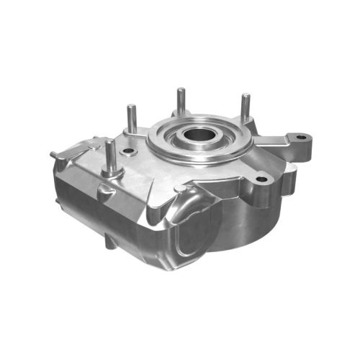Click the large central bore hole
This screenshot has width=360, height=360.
point(199,135)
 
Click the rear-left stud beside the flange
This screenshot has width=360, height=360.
point(132,119)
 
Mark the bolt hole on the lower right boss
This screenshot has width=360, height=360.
point(261,178)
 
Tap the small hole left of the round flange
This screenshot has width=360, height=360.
point(129,151)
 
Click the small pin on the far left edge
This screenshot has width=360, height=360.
point(55,154)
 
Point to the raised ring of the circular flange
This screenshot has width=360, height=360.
point(173,144)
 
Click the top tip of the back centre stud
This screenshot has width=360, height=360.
point(180,90)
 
